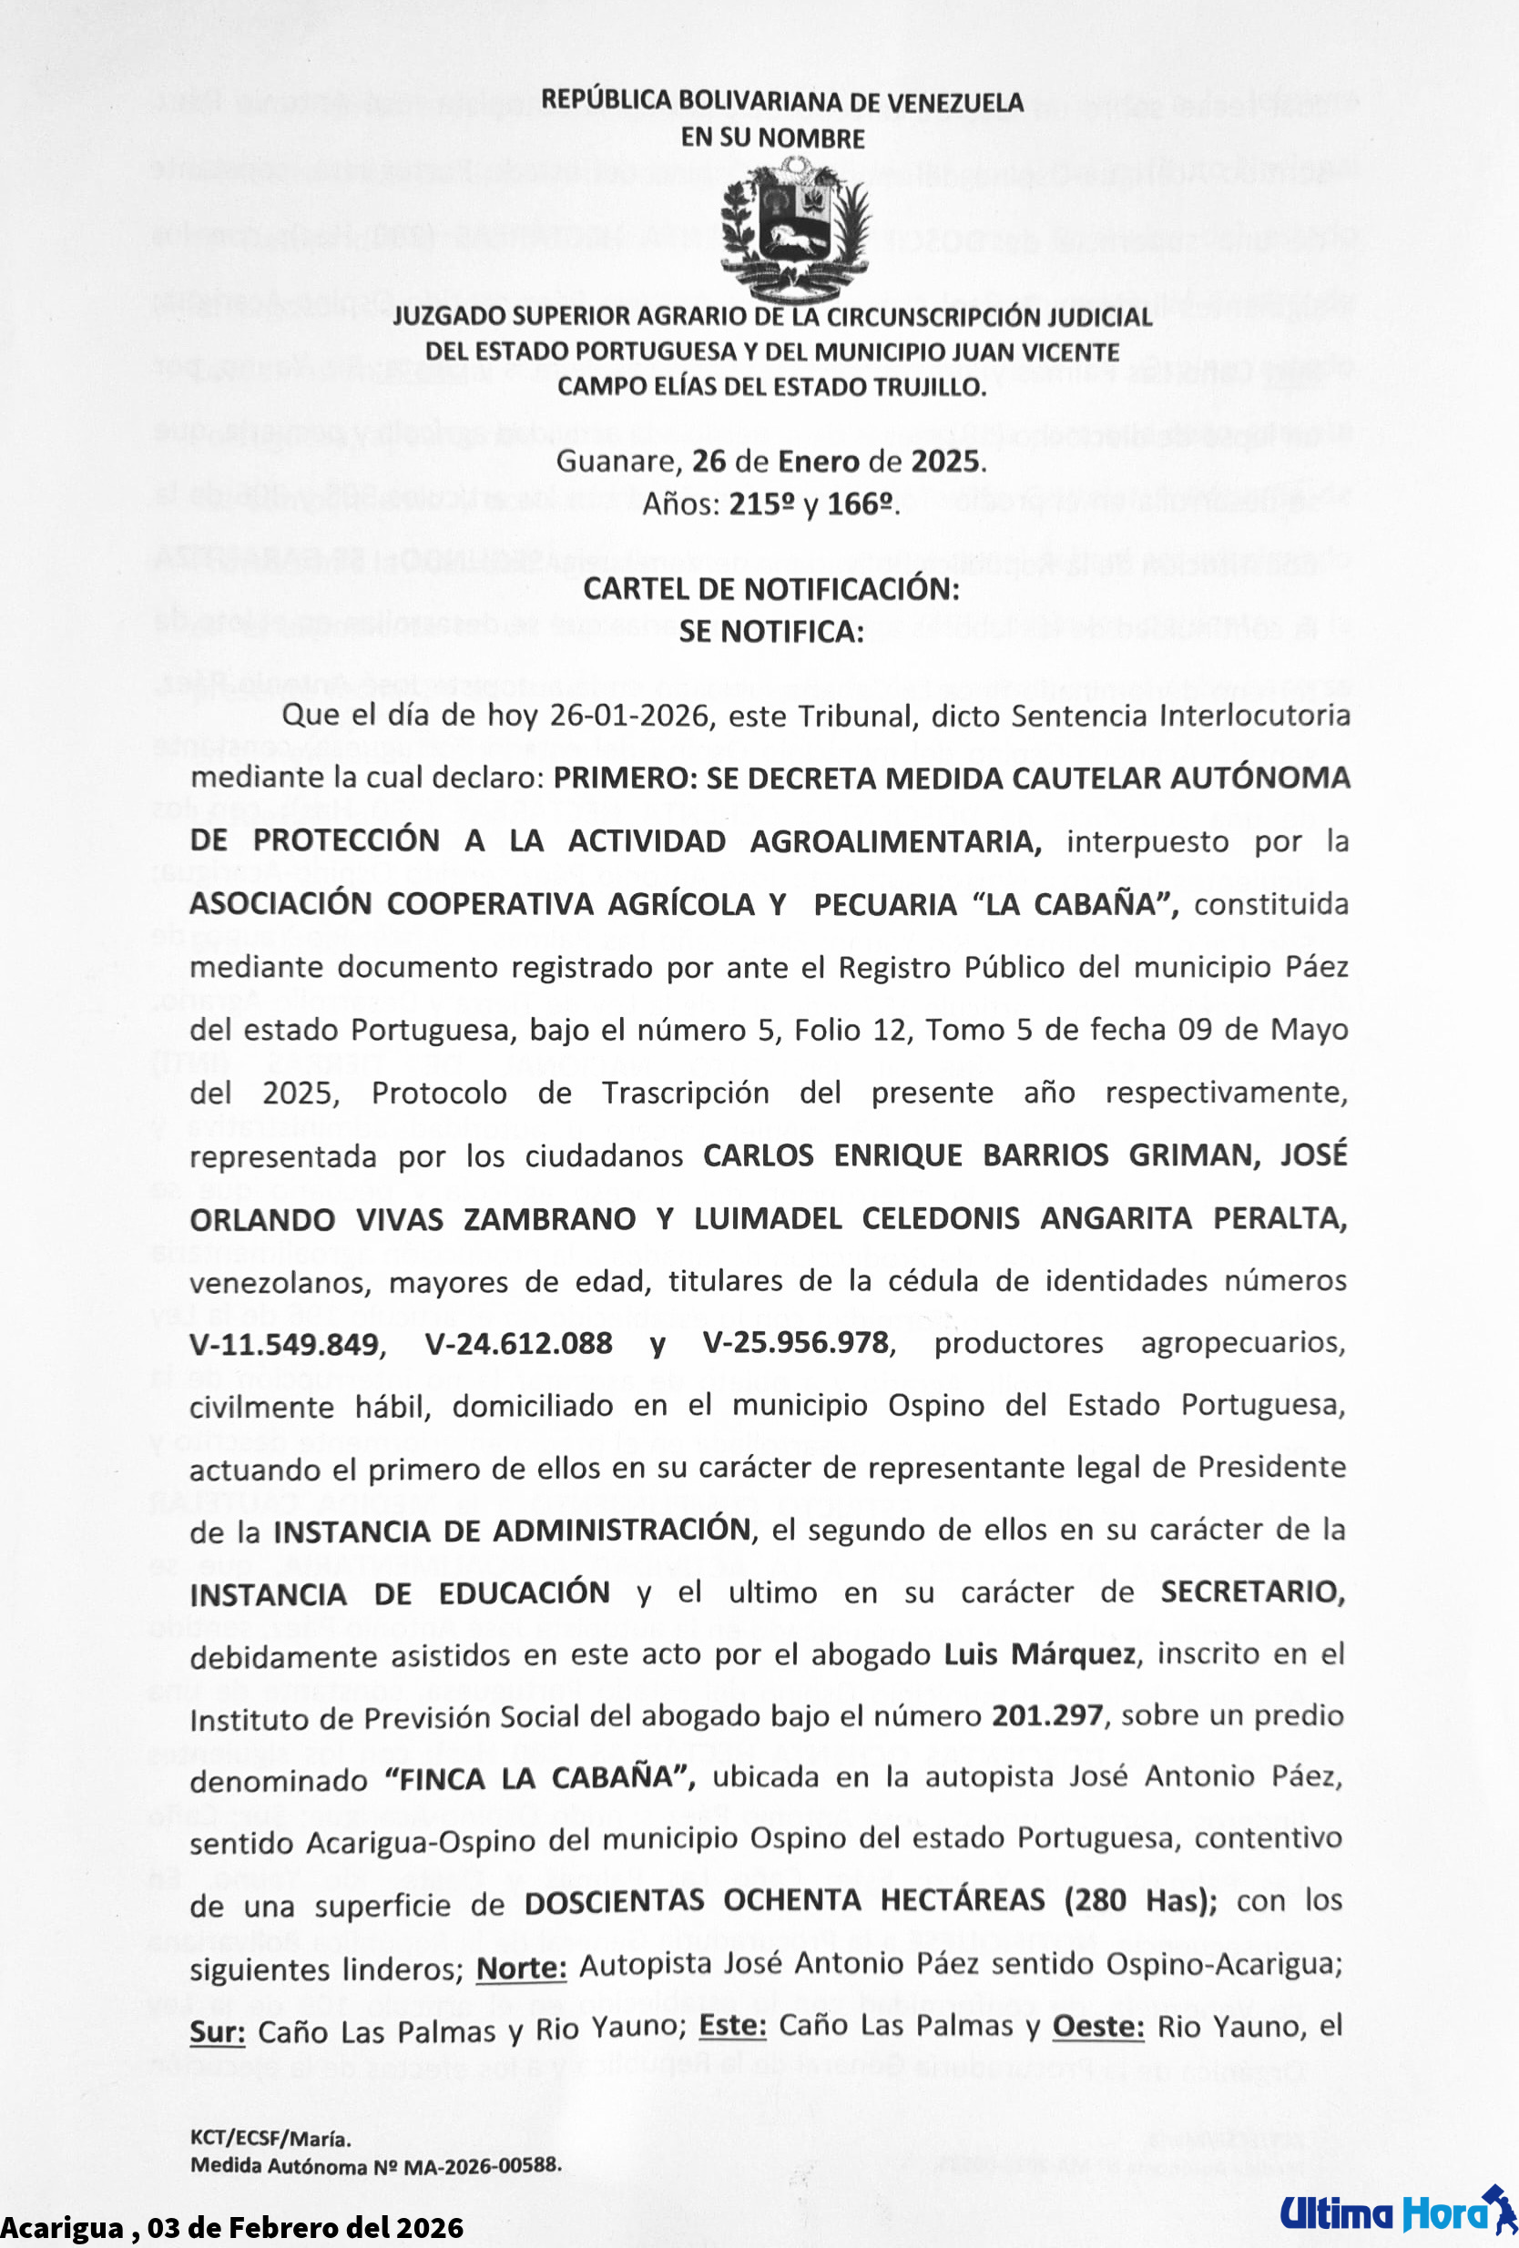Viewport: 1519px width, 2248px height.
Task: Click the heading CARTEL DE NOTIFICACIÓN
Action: click(x=771, y=589)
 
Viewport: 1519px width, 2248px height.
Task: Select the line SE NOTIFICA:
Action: click(x=771, y=632)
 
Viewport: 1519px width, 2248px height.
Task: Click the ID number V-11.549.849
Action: click(x=284, y=1344)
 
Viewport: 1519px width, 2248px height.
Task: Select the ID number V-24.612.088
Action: click(x=518, y=1344)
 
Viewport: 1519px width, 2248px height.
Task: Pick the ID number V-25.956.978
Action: click(x=796, y=1343)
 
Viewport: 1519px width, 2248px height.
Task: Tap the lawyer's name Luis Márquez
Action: click(x=1039, y=1654)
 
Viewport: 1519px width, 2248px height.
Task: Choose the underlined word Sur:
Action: click(x=217, y=2032)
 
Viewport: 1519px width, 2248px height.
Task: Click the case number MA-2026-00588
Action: click(x=482, y=2167)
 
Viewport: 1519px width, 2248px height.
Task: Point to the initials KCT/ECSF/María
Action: click(x=270, y=2139)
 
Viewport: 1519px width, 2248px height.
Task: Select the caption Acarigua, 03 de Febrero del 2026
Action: click(x=232, y=2228)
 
